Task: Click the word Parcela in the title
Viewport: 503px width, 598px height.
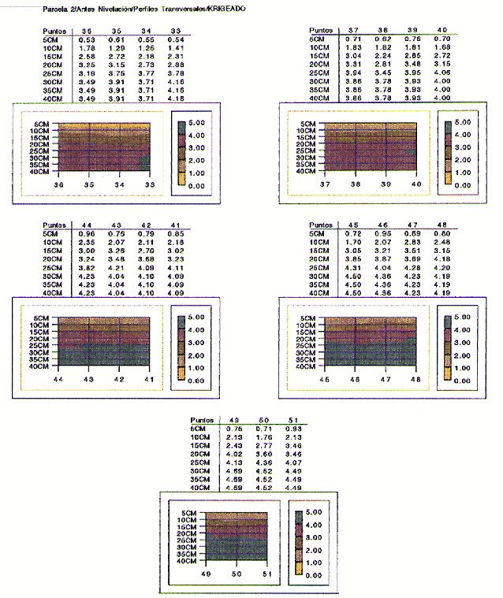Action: (x=53, y=11)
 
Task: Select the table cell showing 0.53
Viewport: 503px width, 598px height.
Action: (x=88, y=39)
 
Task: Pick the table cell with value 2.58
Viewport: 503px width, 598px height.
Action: (x=88, y=57)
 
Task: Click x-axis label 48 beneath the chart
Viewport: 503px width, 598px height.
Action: (x=415, y=379)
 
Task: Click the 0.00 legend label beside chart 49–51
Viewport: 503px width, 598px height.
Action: (x=313, y=576)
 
